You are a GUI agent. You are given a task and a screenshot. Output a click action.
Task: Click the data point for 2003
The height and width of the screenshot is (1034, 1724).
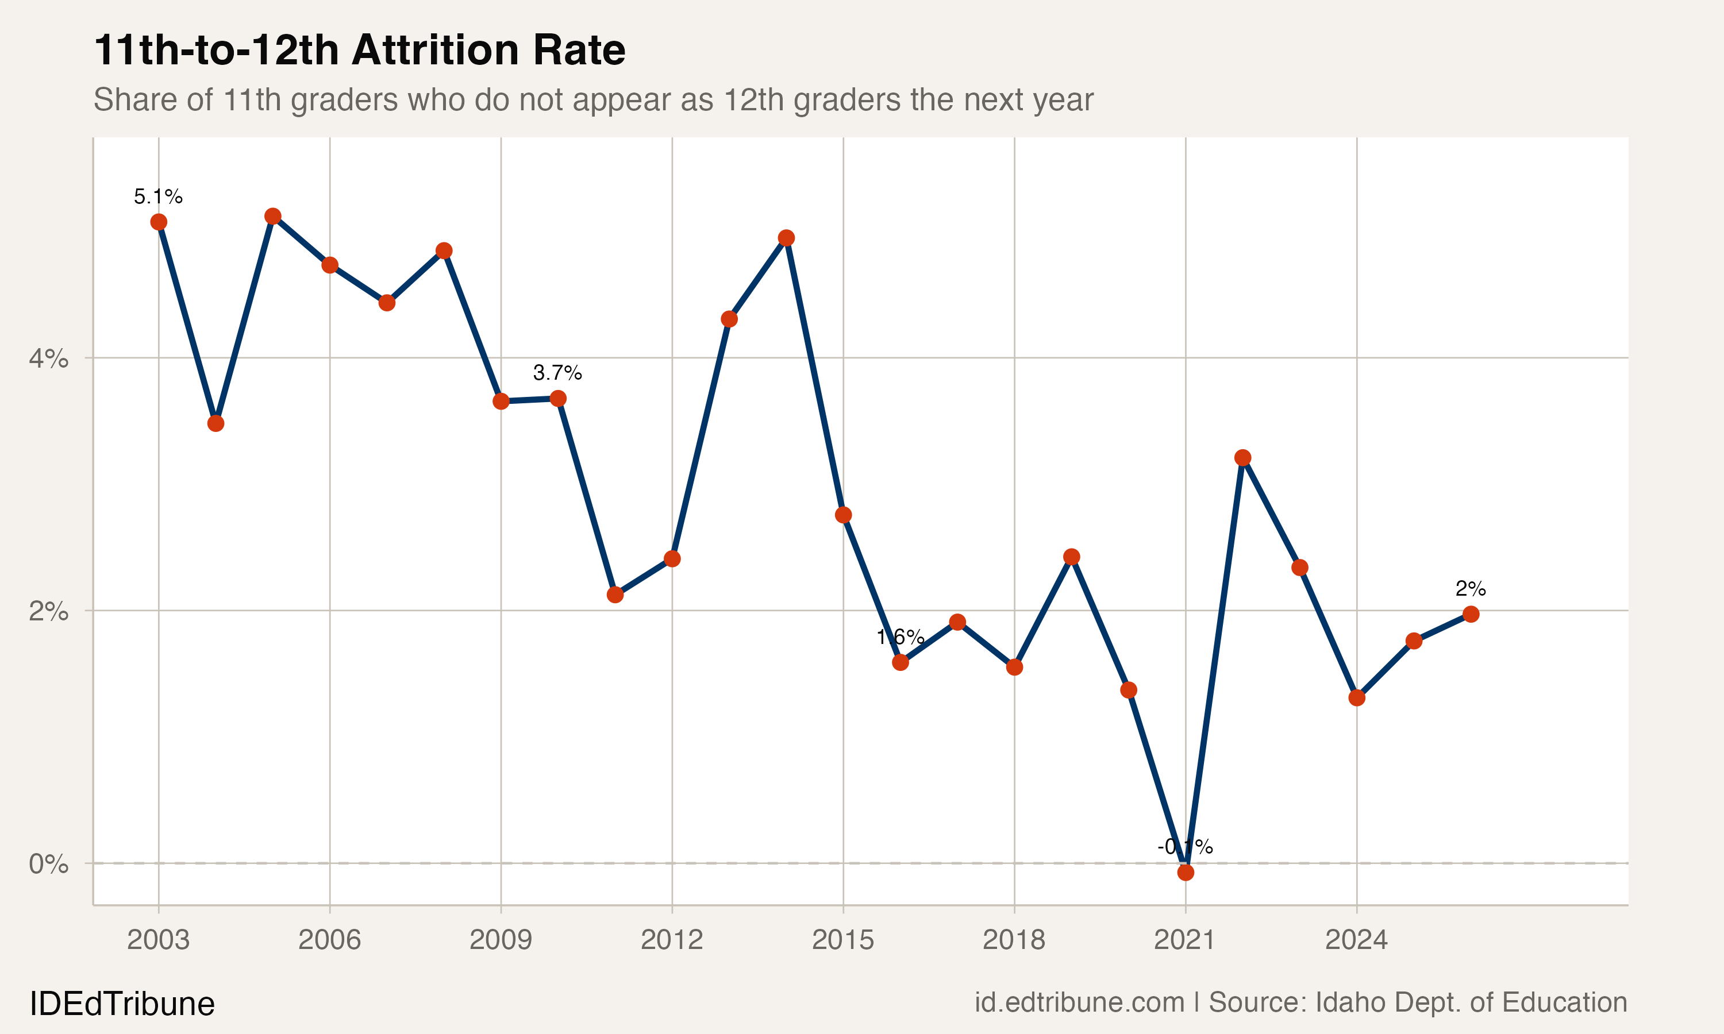click(x=159, y=222)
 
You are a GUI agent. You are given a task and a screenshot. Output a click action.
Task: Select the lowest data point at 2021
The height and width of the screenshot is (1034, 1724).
click(x=1186, y=873)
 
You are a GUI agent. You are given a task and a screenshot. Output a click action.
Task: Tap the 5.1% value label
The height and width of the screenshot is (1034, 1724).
click(x=158, y=197)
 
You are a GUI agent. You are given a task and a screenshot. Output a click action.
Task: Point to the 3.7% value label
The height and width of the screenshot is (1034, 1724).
click(x=557, y=373)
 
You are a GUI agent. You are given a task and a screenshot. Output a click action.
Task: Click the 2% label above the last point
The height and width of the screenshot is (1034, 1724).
click(x=1471, y=589)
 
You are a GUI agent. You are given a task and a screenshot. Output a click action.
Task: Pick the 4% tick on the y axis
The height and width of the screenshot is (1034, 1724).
click(x=49, y=359)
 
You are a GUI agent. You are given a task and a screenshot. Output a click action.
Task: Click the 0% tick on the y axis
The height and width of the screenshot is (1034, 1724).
click(x=49, y=864)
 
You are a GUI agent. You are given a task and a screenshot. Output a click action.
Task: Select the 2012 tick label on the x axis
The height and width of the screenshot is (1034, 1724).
click(x=672, y=940)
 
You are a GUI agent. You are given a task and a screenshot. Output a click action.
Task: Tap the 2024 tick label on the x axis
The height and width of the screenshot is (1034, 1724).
click(x=1356, y=940)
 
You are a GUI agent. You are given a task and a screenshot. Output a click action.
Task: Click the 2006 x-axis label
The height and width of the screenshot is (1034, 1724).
click(x=330, y=940)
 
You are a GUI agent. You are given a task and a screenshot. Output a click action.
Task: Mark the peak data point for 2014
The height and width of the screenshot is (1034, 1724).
click(x=786, y=238)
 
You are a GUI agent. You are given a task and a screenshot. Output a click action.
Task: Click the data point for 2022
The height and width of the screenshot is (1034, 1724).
click(x=1242, y=458)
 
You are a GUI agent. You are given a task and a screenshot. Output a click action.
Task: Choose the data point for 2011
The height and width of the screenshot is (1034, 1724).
click(x=615, y=595)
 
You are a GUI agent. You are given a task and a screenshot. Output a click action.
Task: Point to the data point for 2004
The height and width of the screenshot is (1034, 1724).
click(x=216, y=423)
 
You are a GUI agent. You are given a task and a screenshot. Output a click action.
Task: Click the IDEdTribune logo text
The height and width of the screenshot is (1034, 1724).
click(x=122, y=1004)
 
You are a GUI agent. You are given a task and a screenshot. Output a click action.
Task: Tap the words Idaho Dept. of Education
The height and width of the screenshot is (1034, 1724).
click(x=1471, y=1002)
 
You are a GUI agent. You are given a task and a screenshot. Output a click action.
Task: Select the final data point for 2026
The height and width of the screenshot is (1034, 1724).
click(x=1471, y=615)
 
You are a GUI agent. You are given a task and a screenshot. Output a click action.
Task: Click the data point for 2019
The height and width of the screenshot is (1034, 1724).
click(x=1072, y=557)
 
